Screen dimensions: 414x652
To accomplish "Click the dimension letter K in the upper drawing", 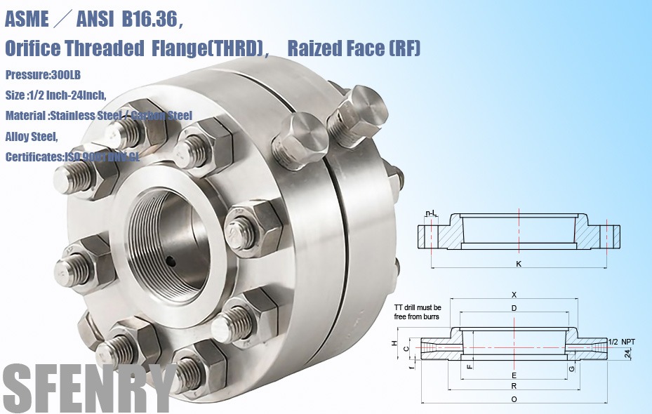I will click(x=517, y=265).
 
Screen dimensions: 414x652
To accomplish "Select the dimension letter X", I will click(x=514, y=295).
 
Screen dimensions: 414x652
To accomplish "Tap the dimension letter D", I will click(x=514, y=308).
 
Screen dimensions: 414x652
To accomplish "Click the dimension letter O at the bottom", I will click(x=514, y=399).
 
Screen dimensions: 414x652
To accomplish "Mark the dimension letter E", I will click(x=514, y=375).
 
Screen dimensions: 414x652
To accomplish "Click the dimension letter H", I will click(x=394, y=344).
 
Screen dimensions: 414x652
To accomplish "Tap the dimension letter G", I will click(x=572, y=368).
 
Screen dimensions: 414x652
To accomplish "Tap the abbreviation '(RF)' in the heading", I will click(x=404, y=48).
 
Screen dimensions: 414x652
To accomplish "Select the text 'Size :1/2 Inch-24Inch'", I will click(x=55, y=95).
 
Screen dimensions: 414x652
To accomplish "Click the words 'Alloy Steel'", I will click(x=31, y=136).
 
